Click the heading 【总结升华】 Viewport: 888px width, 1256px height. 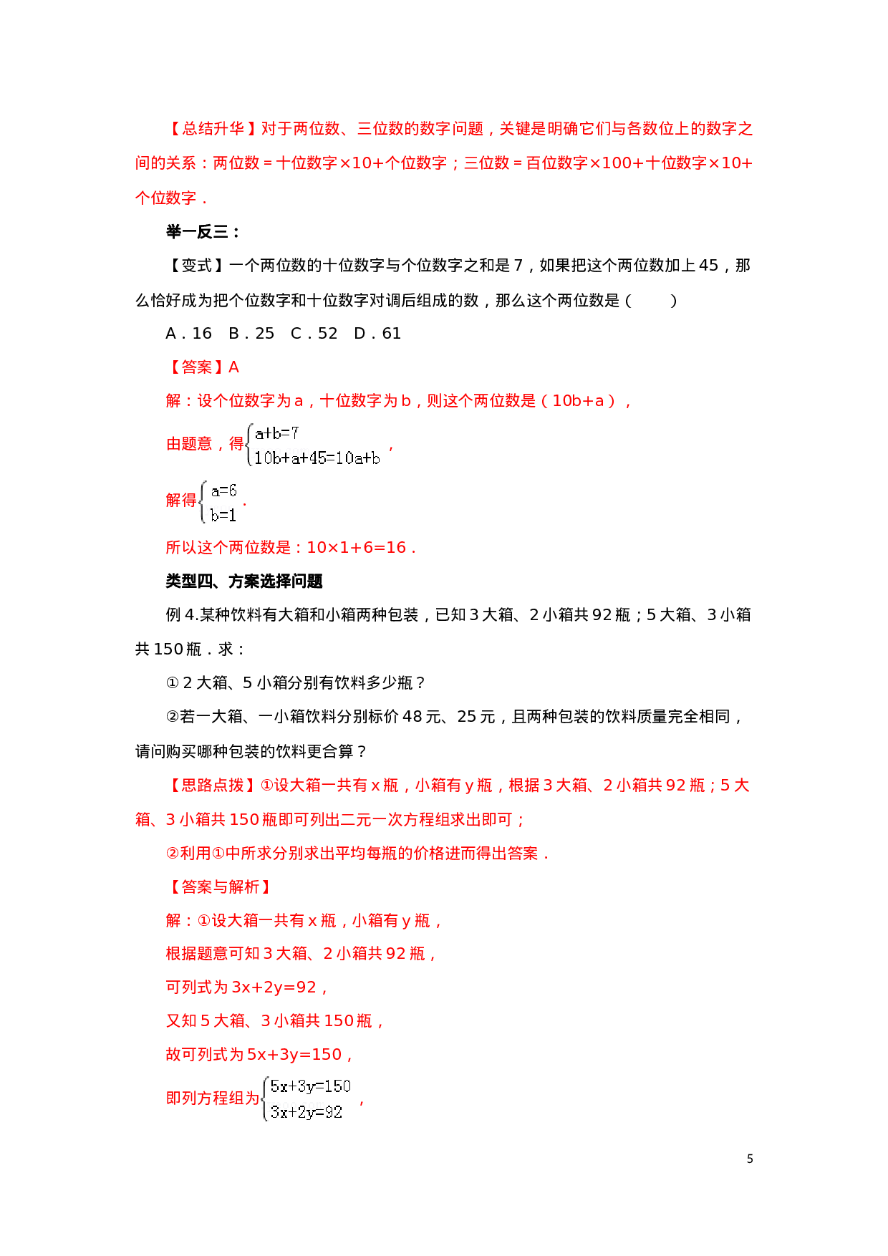(213, 129)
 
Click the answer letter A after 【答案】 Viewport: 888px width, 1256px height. (233, 367)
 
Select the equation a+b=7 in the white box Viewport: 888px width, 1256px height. (277, 433)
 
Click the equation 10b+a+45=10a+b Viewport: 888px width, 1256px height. (317, 458)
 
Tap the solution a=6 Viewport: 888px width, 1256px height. (223, 491)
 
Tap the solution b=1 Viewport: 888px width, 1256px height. (223, 515)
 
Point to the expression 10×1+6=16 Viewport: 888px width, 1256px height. (356, 548)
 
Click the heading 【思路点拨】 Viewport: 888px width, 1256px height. (213, 786)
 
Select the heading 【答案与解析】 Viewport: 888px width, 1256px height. (221, 887)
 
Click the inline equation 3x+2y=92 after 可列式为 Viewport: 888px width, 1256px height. (274, 987)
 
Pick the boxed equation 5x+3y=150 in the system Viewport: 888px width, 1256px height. (311, 1086)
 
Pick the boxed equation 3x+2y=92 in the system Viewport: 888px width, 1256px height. (307, 1112)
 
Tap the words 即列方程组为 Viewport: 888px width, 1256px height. (212, 1098)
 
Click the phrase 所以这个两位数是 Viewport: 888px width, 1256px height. (228, 548)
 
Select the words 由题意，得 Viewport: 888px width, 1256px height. (205, 444)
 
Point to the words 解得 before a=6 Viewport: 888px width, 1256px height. (180, 501)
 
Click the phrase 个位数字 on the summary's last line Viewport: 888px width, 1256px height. (165, 198)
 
